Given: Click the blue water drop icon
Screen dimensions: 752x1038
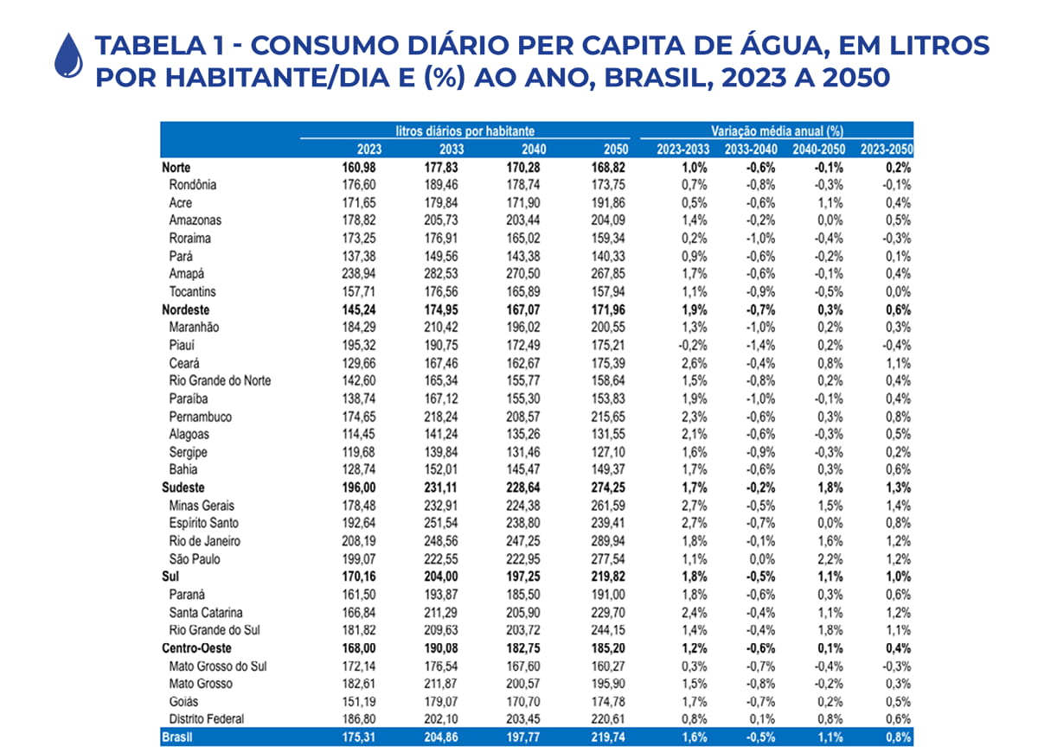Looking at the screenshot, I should point(67,54).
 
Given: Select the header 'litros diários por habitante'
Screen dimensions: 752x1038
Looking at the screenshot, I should point(471,131).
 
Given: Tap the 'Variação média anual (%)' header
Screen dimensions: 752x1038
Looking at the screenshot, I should point(777,131).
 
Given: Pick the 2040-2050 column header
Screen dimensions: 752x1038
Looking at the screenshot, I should point(819,149).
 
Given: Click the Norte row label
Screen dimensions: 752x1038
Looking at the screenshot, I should point(176,167).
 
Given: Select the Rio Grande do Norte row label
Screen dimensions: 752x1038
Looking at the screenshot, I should point(220,380).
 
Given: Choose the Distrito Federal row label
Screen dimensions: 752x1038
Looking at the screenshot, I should point(207,719).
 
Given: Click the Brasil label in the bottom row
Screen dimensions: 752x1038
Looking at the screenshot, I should point(176,737).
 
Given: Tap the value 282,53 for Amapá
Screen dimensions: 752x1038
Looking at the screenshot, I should point(433,273).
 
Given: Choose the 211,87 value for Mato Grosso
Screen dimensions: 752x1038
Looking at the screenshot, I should point(433,684).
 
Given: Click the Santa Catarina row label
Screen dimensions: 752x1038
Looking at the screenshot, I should point(206,612).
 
